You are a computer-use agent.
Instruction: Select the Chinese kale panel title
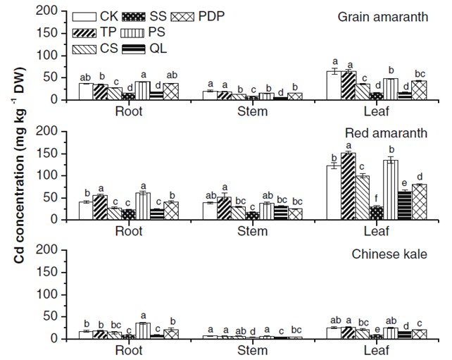coord(392,252)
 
